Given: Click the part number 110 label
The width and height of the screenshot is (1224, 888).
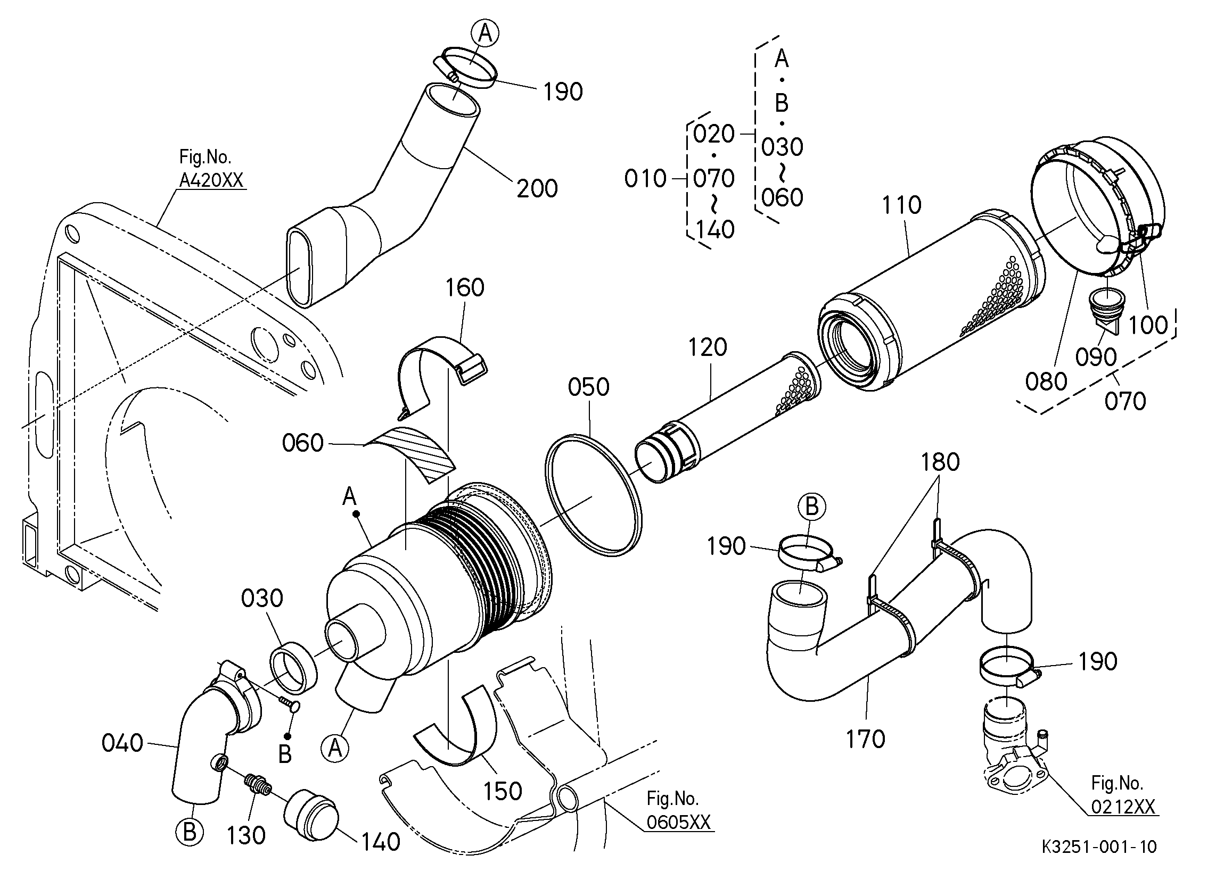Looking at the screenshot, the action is pyautogui.click(x=902, y=205).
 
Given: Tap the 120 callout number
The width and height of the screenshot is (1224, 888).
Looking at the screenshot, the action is pyautogui.click(x=708, y=347).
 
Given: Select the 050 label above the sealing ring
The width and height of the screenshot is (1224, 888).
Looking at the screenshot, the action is pyautogui.click(x=589, y=387).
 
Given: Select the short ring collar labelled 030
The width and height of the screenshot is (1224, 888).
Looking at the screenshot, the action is pyautogui.click(x=293, y=667).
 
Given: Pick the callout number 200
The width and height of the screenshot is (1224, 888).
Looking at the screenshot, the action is pyautogui.click(x=537, y=189).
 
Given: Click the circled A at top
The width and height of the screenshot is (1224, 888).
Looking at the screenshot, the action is pyautogui.click(x=485, y=34).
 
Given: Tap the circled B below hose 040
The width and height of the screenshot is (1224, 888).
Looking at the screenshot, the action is pyautogui.click(x=190, y=832).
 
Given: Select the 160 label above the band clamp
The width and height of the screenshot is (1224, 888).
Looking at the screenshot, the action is pyautogui.click(x=465, y=288).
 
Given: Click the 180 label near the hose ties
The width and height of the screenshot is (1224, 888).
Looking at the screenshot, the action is pyautogui.click(x=940, y=462).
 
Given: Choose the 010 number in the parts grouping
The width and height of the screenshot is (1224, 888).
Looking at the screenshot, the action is pyautogui.click(x=645, y=179).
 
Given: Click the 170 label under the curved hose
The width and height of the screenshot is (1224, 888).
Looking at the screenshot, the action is pyautogui.click(x=866, y=739).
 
